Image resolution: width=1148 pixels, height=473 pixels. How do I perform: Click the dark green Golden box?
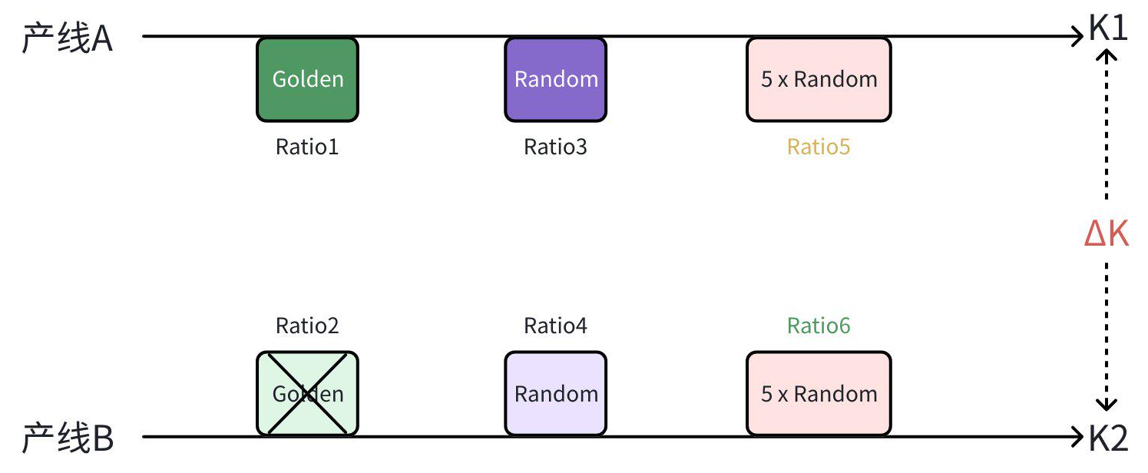tap(307, 79)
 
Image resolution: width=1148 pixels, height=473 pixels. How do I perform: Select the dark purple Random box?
tap(555, 79)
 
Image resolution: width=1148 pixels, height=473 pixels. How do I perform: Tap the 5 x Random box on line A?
tap(819, 79)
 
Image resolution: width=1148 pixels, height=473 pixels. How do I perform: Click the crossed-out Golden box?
tap(307, 394)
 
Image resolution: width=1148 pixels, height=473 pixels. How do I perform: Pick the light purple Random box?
tap(555, 394)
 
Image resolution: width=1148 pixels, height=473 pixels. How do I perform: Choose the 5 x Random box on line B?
tap(819, 394)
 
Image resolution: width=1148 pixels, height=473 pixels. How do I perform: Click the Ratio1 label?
tap(307, 147)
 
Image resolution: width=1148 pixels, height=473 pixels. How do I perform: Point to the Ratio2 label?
tap(307, 326)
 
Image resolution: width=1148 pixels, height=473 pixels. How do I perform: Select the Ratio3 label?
tap(555, 147)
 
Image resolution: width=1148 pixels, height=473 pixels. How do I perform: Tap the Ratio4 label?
tap(555, 326)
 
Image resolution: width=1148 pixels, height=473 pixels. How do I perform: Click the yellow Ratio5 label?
tap(819, 147)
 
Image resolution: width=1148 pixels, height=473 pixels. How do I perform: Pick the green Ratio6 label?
tap(819, 326)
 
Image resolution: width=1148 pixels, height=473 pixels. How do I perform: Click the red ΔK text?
tap(1107, 233)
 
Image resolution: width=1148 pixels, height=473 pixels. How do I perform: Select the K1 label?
tap(1108, 28)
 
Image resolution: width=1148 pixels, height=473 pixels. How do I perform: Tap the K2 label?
tap(1108, 438)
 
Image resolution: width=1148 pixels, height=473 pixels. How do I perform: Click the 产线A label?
tap(67, 38)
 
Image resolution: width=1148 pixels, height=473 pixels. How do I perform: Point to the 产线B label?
tap(67, 438)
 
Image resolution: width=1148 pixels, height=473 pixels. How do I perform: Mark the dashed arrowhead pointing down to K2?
tap(1107, 405)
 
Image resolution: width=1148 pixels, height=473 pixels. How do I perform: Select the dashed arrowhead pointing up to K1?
tap(1107, 55)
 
